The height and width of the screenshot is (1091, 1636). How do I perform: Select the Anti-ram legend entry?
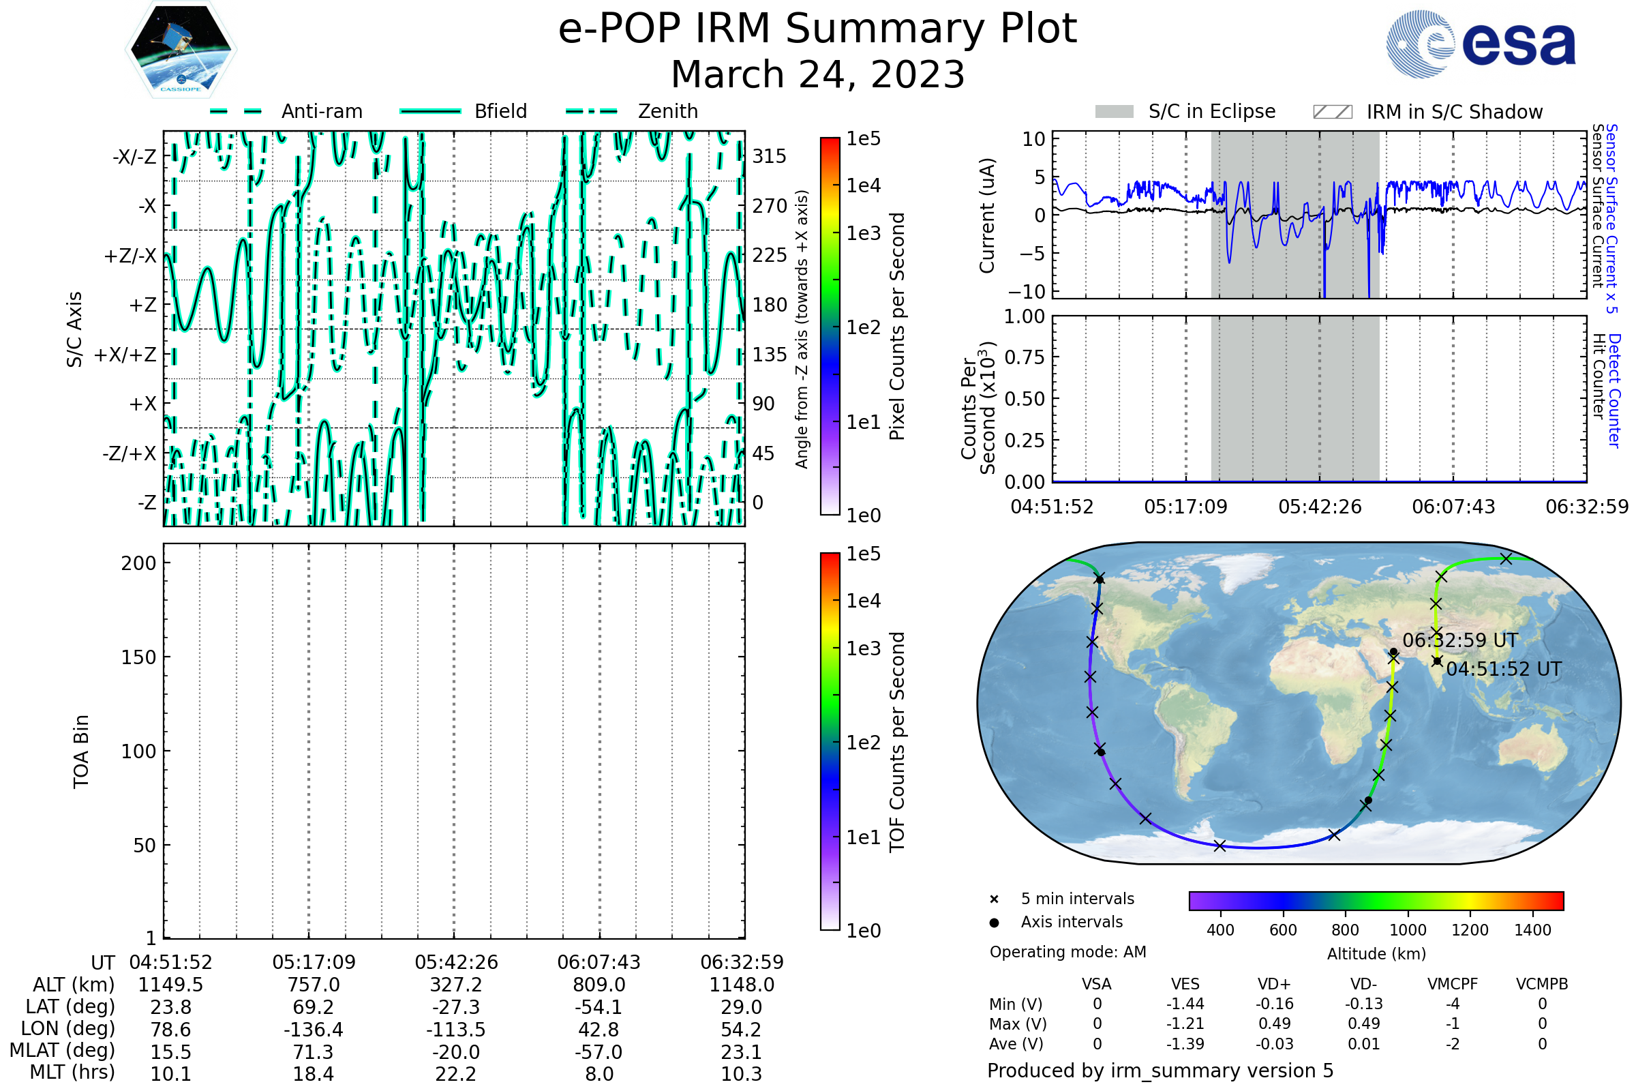tap(286, 111)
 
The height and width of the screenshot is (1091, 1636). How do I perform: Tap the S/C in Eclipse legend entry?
tap(1185, 112)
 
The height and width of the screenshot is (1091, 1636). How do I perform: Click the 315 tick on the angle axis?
tap(770, 156)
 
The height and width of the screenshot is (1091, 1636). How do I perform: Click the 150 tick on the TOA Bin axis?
tap(139, 657)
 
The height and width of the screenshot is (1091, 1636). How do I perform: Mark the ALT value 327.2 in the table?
tap(456, 985)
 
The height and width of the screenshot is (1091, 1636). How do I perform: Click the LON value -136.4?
tap(314, 1029)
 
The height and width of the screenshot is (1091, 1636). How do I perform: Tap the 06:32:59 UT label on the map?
tap(1460, 640)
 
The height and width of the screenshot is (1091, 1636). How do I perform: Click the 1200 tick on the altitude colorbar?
tap(1470, 930)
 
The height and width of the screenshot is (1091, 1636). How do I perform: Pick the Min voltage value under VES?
tap(1185, 1004)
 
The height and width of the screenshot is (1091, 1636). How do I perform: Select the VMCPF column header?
tap(1453, 984)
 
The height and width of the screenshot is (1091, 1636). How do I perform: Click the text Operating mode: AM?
tap(1067, 952)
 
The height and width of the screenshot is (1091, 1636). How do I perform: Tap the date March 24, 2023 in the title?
tap(818, 74)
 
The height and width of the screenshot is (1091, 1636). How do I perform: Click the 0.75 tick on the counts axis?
tap(1025, 357)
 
